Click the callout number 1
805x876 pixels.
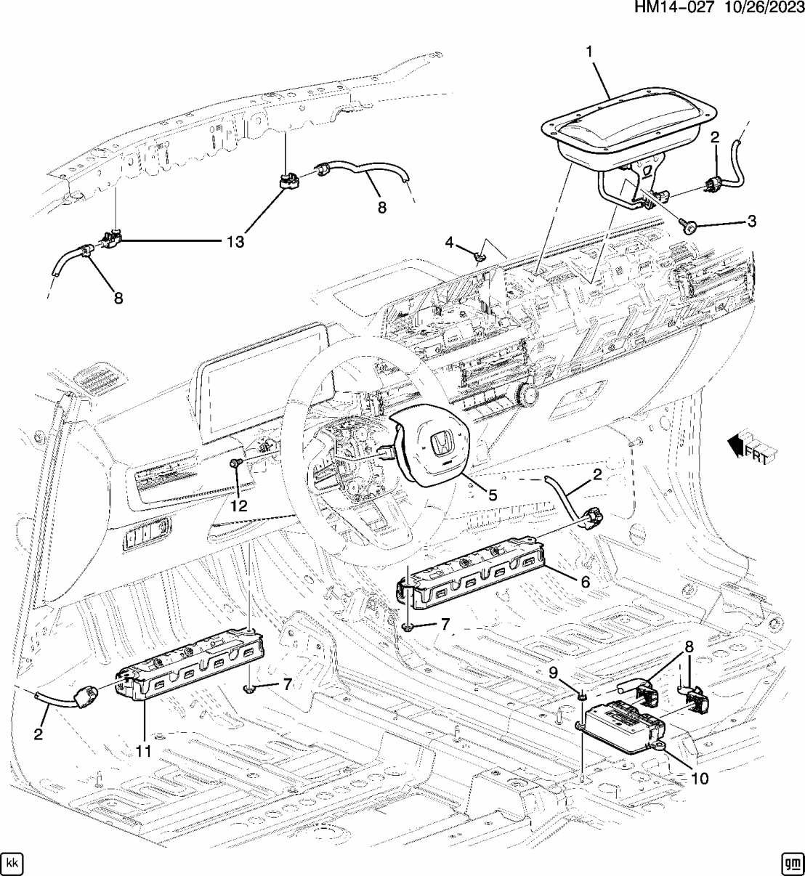pos(588,52)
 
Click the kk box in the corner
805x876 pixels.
pos(12,863)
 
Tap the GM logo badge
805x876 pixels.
pos(791,863)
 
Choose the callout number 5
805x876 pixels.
pos(492,495)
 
